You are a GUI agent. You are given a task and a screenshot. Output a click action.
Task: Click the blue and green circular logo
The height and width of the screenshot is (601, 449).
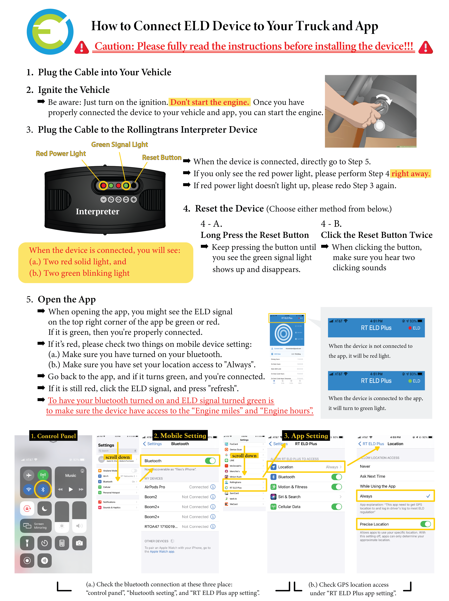[x=50, y=32]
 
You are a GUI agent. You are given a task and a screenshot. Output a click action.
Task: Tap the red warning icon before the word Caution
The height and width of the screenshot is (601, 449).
[x=81, y=47]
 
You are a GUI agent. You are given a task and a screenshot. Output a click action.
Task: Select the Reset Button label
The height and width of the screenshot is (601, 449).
[x=162, y=158]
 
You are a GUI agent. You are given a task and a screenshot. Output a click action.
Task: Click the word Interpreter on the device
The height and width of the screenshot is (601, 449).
[x=97, y=211]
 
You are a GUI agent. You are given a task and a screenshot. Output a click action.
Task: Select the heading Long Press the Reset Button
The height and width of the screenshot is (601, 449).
[x=254, y=235]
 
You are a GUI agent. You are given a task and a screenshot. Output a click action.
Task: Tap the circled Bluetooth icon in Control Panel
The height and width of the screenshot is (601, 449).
[x=43, y=489]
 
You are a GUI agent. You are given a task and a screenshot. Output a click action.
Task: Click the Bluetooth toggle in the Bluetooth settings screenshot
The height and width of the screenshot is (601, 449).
[x=210, y=461]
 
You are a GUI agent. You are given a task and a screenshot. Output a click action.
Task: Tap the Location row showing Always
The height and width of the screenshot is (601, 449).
[x=307, y=467]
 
